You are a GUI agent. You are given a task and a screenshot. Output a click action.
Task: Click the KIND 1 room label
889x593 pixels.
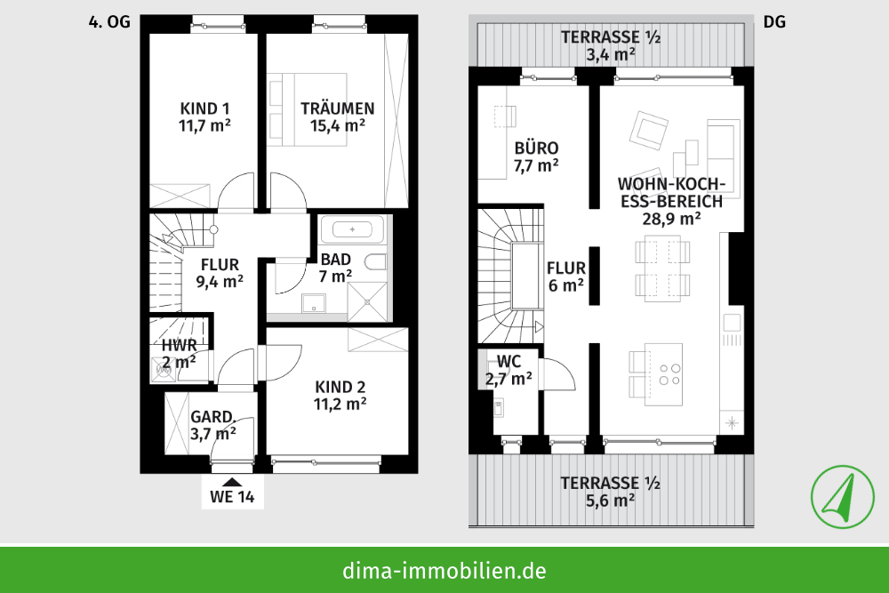[x=204, y=108]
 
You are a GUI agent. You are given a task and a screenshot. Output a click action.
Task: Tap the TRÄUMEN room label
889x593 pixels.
[x=337, y=108]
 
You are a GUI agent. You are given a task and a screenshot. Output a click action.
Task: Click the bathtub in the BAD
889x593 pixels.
[x=353, y=229]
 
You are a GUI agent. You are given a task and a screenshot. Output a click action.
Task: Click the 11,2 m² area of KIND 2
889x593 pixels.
[x=340, y=404]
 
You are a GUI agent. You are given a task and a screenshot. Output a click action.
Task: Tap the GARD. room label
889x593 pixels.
[x=213, y=416]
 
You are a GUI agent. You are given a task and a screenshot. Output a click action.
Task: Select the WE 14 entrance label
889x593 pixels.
[x=233, y=497]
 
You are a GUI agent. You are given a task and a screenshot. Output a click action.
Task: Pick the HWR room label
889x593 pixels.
[x=179, y=345]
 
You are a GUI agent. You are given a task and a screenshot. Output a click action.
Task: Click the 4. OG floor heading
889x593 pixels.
[x=109, y=23]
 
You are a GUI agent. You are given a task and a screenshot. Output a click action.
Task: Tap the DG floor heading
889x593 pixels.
[x=774, y=23]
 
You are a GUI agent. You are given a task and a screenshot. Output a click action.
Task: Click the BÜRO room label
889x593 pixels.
[x=536, y=148]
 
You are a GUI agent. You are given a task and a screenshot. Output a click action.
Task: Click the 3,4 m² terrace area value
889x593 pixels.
[x=610, y=54]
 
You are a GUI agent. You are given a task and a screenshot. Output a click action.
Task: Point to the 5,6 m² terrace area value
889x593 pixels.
[x=610, y=501]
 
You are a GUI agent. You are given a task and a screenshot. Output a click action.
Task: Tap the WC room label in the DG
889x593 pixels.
[x=509, y=361]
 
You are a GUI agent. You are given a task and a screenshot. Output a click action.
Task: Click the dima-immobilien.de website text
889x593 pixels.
[x=444, y=570]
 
